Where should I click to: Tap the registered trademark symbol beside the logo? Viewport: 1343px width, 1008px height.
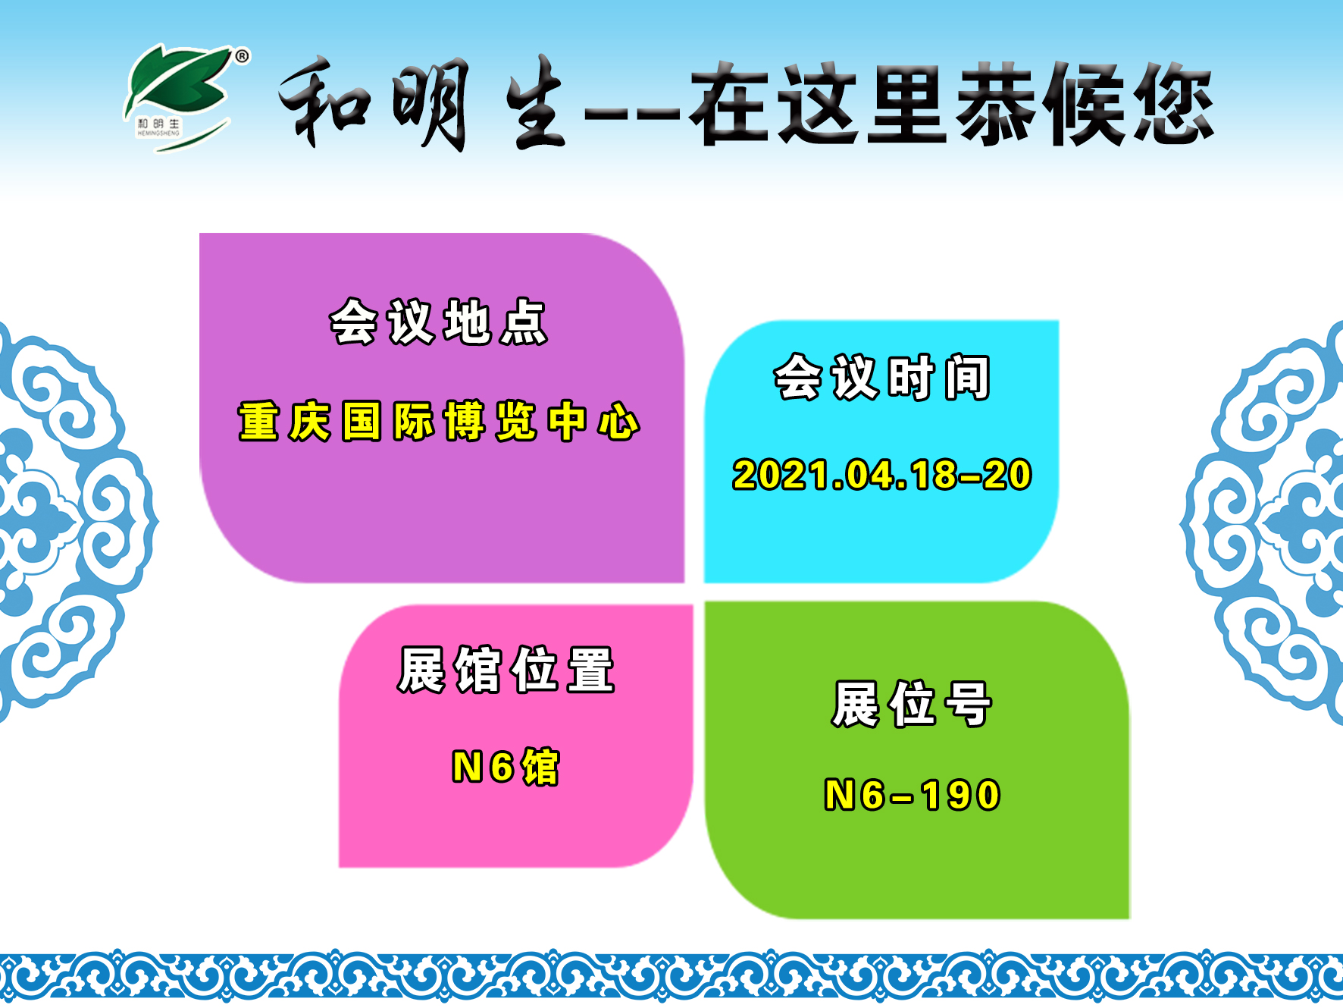(x=242, y=56)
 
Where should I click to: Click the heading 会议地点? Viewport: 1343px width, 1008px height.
(x=439, y=322)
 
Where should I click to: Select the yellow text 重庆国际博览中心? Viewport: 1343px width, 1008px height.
(x=439, y=421)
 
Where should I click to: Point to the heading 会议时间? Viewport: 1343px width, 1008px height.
(x=882, y=377)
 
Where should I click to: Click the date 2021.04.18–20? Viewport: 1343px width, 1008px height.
(x=882, y=475)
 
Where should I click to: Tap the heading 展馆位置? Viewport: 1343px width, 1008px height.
(x=506, y=670)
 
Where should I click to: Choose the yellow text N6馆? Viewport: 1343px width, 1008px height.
(x=506, y=767)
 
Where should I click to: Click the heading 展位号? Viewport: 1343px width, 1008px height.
(x=912, y=704)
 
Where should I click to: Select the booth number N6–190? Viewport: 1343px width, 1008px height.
(x=913, y=796)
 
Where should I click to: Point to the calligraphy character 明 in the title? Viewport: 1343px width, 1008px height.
(x=430, y=105)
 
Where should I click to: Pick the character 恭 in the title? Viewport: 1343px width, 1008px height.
(x=996, y=103)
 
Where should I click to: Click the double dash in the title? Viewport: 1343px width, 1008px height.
(x=633, y=114)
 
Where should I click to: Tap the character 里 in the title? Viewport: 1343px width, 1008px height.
(x=907, y=103)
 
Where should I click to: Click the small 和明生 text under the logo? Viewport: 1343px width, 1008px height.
(x=159, y=123)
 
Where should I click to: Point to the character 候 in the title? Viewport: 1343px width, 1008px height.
(x=1085, y=103)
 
